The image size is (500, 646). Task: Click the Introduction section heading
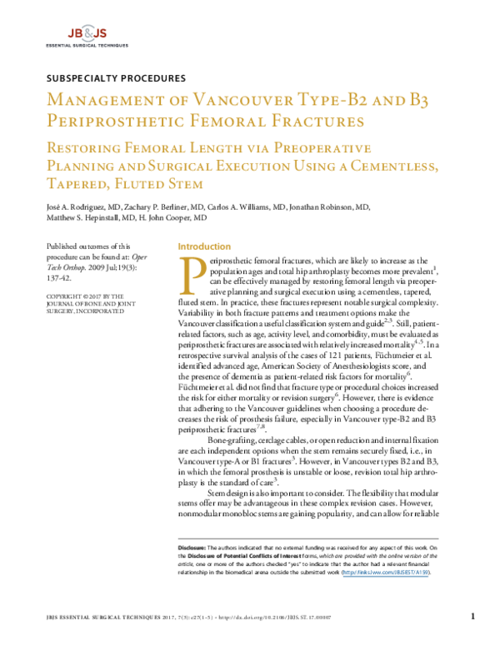coord(204,246)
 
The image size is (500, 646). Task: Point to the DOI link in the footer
coord(292,617)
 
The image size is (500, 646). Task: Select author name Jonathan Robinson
coord(332,207)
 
